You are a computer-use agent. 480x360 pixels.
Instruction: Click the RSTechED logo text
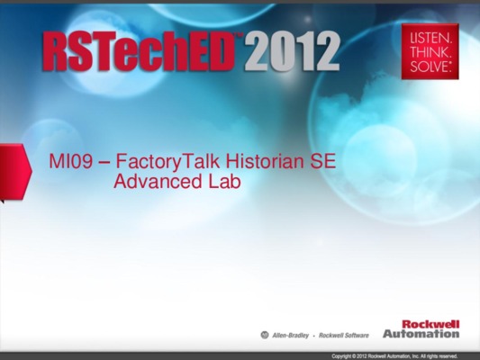[139, 50]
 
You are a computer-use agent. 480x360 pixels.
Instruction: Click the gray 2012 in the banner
[292, 51]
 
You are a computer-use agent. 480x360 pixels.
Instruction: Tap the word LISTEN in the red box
[430, 39]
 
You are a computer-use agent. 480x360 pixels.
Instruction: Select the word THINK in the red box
[430, 52]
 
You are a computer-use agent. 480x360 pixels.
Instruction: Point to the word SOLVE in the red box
[430, 67]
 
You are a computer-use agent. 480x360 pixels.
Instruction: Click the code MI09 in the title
[71, 161]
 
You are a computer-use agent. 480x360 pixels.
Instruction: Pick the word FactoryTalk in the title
[168, 162]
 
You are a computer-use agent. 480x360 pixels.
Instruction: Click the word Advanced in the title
[158, 181]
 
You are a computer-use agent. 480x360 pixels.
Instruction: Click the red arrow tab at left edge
[15, 171]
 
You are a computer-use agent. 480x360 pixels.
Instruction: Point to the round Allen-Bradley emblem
[265, 335]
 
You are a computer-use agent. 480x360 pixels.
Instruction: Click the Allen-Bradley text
[291, 336]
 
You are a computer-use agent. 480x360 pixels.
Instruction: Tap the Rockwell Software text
[344, 336]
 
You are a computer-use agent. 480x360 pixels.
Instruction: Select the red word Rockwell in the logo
[430, 324]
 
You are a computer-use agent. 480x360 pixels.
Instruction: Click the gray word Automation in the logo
[421, 333]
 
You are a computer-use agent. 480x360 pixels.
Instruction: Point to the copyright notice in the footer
[394, 356]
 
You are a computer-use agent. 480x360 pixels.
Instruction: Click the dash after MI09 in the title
[104, 163]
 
